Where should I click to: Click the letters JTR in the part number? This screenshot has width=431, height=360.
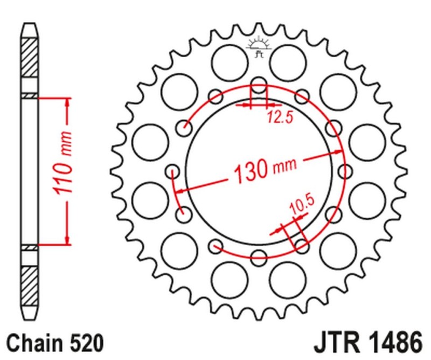pyautogui.click(x=333, y=342)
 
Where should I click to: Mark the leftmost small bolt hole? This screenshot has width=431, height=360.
pyautogui.click(x=173, y=171)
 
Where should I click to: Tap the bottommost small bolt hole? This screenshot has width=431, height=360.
pyautogui.click(x=259, y=257)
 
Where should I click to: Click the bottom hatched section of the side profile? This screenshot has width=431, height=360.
pyautogui.click(x=30, y=284)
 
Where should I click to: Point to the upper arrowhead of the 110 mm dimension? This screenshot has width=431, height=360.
pyautogui.click(x=67, y=102)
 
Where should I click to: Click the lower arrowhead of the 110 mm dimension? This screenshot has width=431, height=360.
pyautogui.click(x=67, y=240)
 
